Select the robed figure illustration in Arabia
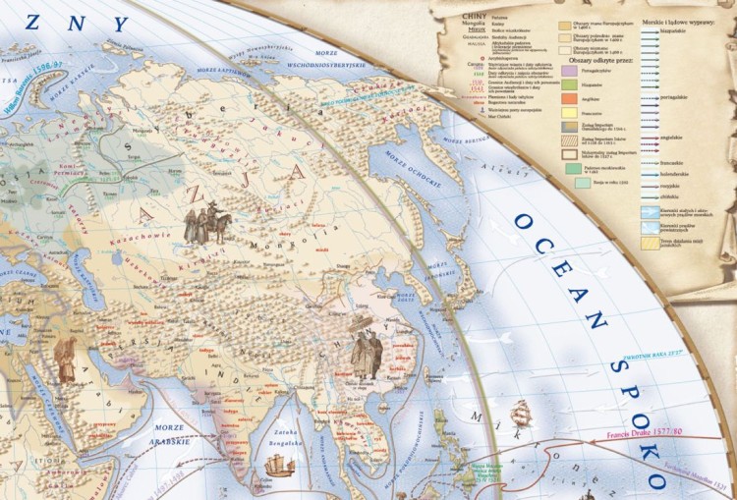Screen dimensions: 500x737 [66, 360]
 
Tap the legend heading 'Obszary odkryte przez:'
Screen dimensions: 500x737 [601, 60]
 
